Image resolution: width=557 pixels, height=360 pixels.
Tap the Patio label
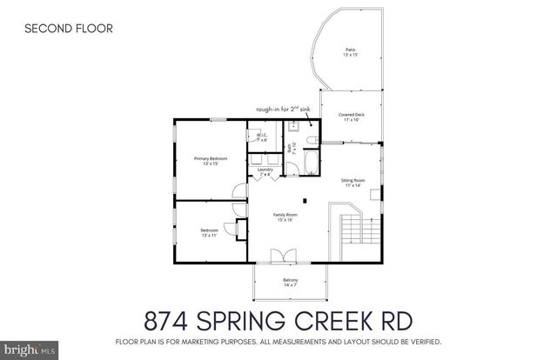[x=349, y=52]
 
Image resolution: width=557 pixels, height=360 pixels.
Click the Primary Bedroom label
[x=210, y=160]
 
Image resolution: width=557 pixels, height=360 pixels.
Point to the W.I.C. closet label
[x=260, y=137]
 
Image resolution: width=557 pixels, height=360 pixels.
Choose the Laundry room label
[x=265, y=172]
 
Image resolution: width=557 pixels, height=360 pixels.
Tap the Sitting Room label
[x=352, y=183]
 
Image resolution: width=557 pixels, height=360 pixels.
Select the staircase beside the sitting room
[x=352, y=229]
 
